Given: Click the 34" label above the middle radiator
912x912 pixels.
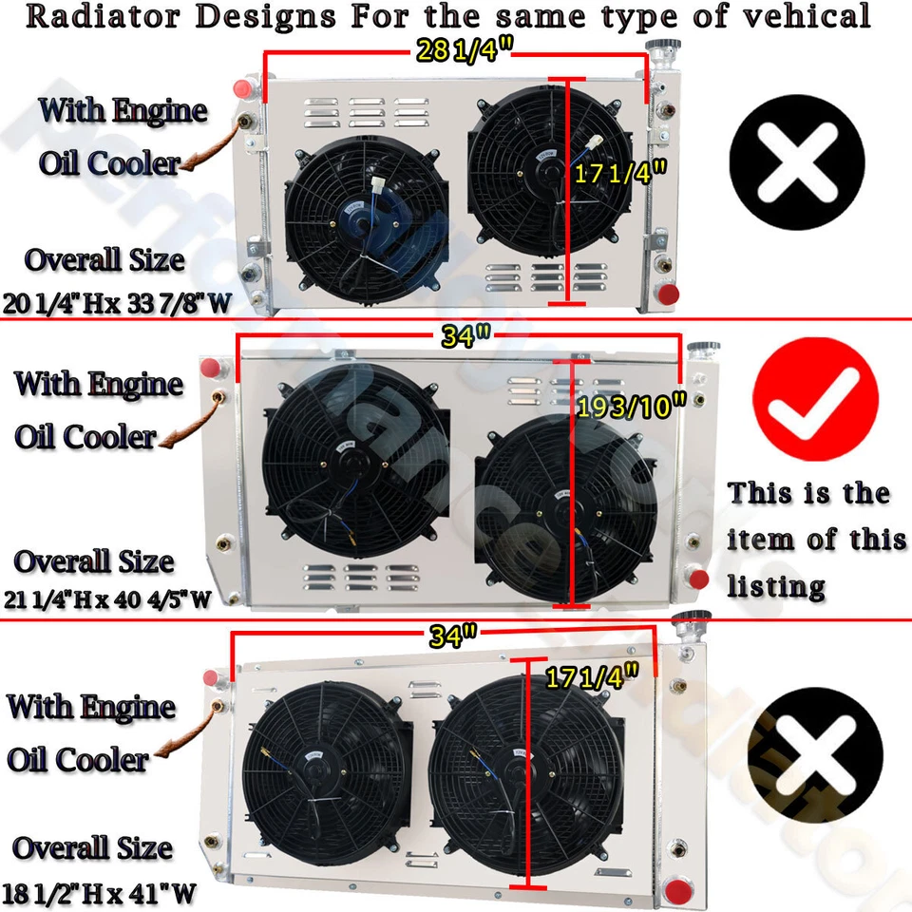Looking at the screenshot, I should click(x=465, y=336).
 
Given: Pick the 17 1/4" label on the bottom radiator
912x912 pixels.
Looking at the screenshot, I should click(x=592, y=676).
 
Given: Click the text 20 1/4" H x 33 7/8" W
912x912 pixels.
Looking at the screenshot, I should click(x=118, y=303).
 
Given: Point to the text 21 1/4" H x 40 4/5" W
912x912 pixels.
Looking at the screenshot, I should click(x=111, y=598).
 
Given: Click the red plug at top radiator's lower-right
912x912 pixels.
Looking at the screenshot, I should click(x=668, y=294).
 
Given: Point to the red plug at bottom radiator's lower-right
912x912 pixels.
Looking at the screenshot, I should click(x=677, y=891).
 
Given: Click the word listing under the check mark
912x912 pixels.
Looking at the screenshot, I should click(x=775, y=587).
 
